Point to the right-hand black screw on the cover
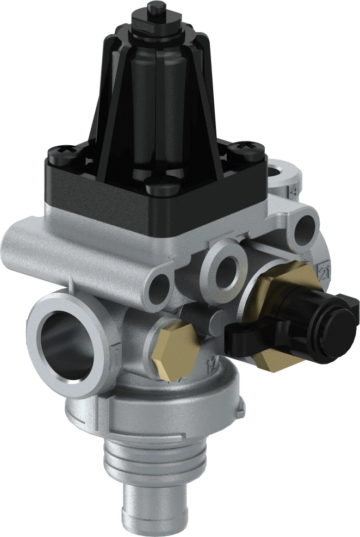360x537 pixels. click(240, 150)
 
